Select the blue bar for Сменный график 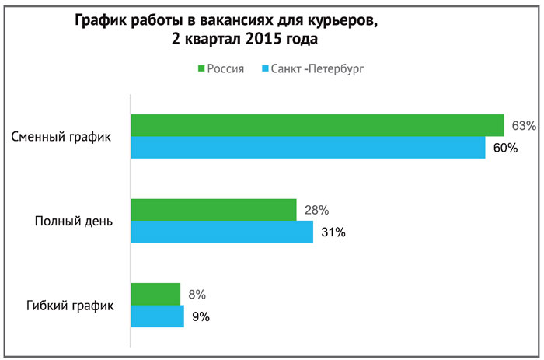tap(308, 148)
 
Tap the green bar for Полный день tap(213, 210)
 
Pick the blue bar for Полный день tap(221, 232)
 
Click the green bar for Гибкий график tap(155, 294)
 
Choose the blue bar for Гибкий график tap(157, 316)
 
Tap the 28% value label tap(316, 210)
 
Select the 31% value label tap(333, 232)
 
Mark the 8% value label tap(196, 294)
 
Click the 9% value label tap(200, 316)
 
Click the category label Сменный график tap(61, 137)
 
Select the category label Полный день tap(75, 221)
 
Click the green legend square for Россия tap(201, 69)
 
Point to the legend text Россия tap(226, 69)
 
